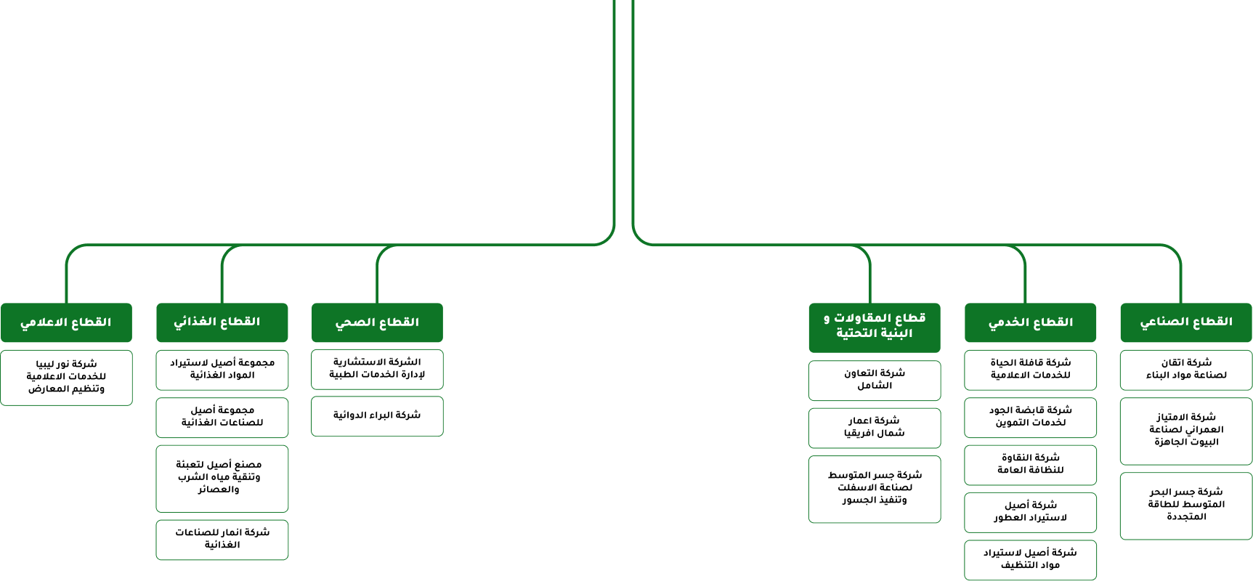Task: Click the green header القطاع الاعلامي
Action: (66, 322)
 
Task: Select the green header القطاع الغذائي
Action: (222, 322)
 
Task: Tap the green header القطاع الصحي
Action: (377, 322)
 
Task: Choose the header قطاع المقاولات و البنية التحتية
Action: (875, 328)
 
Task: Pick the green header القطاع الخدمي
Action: (1030, 322)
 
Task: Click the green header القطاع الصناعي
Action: (1186, 322)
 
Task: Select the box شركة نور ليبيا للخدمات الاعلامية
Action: (66, 378)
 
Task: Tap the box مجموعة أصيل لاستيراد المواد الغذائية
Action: (222, 370)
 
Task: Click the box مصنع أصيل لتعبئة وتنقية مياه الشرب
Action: (222, 479)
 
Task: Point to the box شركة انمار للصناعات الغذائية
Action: (222, 540)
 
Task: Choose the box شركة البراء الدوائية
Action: (377, 416)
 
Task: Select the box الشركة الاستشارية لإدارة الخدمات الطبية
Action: (377, 369)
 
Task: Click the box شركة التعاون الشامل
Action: (875, 381)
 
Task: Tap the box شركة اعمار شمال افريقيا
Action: (875, 428)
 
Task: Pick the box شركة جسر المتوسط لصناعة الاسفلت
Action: (875, 489)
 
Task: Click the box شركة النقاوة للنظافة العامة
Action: (1030, 465)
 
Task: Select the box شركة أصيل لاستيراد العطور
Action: (1030, 513)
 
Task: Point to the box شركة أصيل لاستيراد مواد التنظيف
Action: (1030, 560)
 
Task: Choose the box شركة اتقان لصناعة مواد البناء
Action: (1186, 370)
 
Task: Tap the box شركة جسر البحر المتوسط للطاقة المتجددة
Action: (1186, 506)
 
